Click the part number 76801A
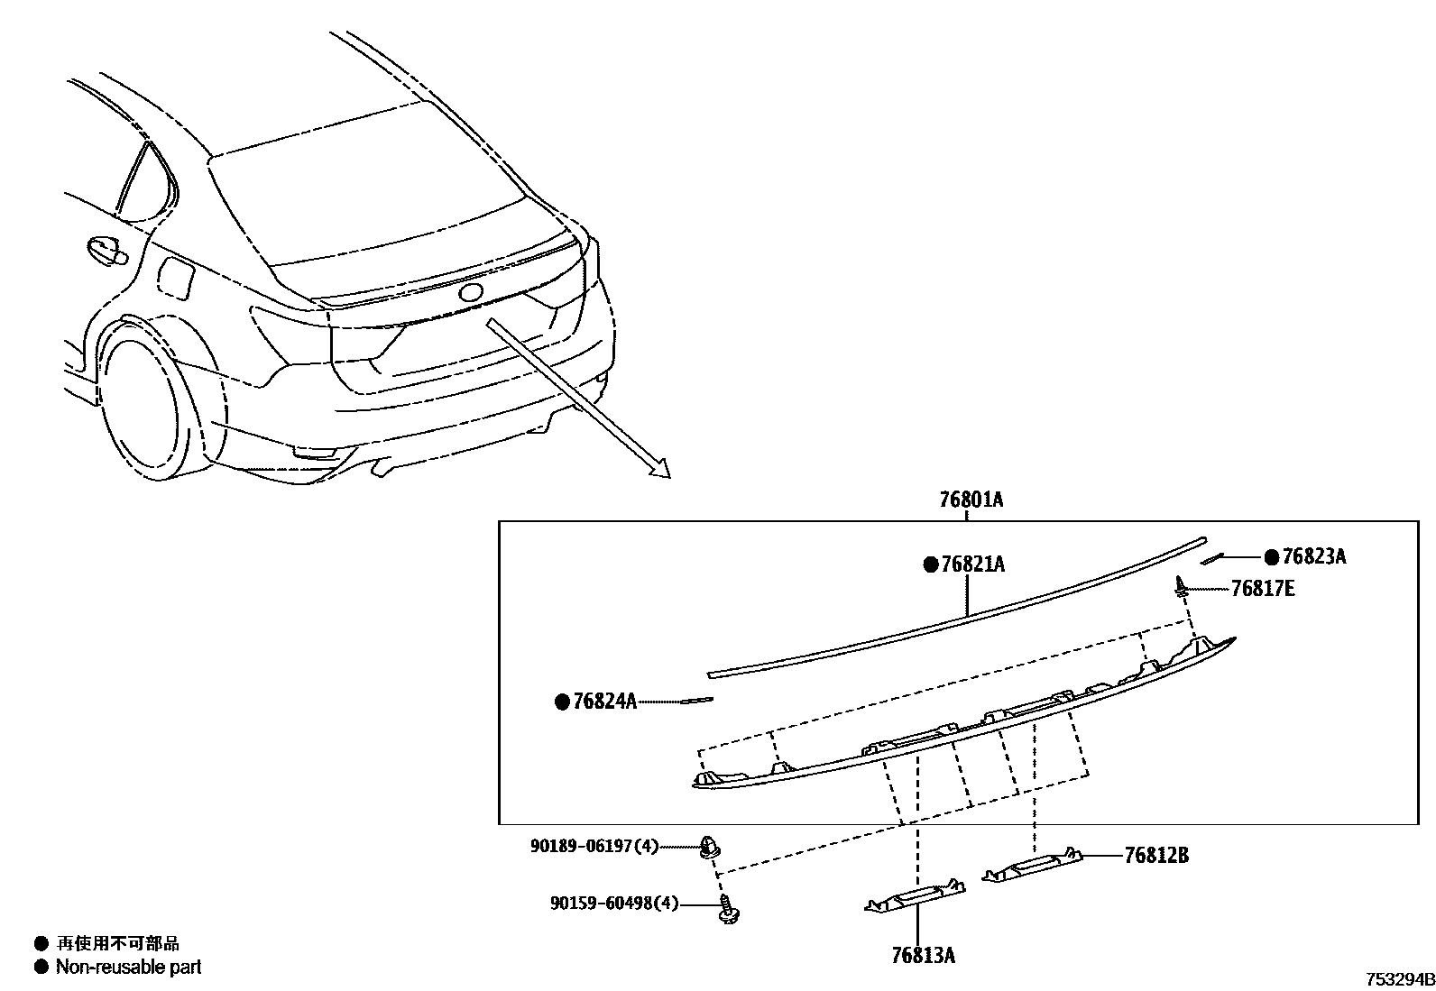click(971, 499)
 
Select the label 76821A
click(972, 564)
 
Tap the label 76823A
click(1313, 556)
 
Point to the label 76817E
click(1263, 589)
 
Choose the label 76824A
click(604, 701)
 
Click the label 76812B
click(1155, 855)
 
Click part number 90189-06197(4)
click(594, 846)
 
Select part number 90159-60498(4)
click(614, 903)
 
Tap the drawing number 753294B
click(1398, 979)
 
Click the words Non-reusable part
click(128, 967)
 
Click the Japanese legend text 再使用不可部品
click(118, 943)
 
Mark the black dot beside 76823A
click(1271, 556)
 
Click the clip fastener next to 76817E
click(1180, 587)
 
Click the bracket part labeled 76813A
click(915, 897)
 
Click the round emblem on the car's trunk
click(471, 292)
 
